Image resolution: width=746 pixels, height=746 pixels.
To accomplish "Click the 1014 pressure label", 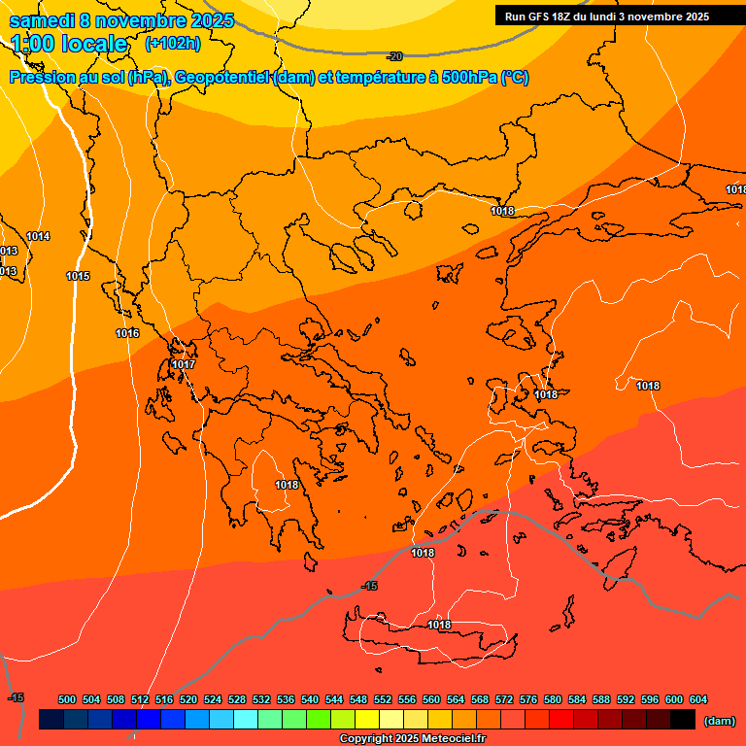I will point(39,237).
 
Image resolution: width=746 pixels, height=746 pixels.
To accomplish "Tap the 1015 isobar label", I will point(78,277).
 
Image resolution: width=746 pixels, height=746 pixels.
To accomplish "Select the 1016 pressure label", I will point(127,334).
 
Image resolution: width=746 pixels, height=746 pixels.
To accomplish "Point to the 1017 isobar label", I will point(184,365).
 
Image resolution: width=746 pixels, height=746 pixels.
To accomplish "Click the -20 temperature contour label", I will point(394,57).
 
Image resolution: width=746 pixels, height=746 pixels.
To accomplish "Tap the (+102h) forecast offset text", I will point(172,43).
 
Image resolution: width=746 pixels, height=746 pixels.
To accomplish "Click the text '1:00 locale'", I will point(69,44).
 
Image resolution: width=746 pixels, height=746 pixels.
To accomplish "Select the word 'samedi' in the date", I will point(41,20).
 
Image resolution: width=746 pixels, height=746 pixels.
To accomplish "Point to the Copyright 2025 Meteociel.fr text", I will point(412,739).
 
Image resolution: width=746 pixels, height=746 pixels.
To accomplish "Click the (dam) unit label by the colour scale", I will point(718,721).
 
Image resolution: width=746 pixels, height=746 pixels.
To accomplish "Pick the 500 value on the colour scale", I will point(67,699).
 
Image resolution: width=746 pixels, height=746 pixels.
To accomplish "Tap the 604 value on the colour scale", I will point(698,699).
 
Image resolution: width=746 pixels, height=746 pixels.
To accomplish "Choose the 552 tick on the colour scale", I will point(383,699).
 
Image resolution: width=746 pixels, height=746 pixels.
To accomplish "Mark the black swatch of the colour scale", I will point(682,720).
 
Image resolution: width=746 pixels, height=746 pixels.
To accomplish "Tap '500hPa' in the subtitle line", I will point(469,78).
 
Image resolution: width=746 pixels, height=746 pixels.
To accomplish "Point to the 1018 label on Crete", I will point(439,625).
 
